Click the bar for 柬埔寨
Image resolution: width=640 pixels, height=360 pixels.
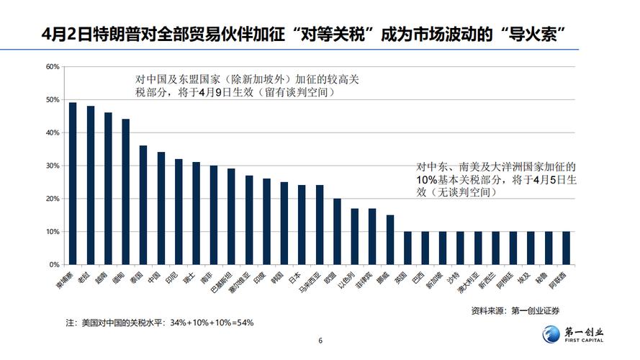tap(73, 184)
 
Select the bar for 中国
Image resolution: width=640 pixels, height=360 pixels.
tap(161, 208)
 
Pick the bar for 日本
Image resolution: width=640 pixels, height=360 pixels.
tap(302, 225)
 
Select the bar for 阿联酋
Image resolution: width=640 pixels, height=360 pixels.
tap(567, 248)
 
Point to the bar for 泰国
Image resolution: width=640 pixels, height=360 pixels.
tap(143, 205)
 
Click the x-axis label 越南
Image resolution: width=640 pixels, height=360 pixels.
tap(107, 279)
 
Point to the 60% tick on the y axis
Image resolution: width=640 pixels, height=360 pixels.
tap(52, 67)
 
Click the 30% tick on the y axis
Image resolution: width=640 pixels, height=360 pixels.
tap(52, 166)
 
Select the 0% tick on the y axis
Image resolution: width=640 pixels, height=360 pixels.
tap(54, 265)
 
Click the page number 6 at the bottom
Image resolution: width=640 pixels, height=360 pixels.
tap(320, 341)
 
